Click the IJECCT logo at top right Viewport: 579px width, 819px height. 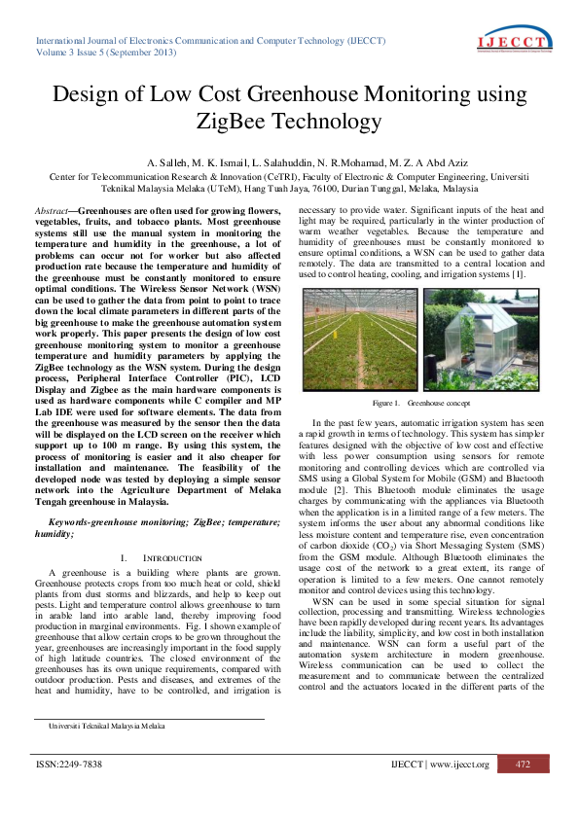tap(516, 41)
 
